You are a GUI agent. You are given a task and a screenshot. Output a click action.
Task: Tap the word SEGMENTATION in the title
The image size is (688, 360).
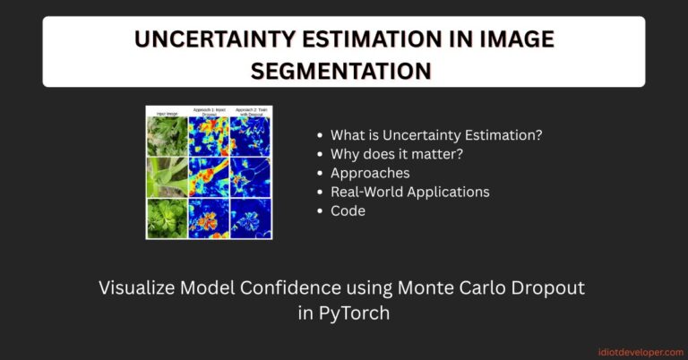[x=343, y=69]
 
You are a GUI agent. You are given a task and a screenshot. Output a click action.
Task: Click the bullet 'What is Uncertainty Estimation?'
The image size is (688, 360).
[x=436, y=135]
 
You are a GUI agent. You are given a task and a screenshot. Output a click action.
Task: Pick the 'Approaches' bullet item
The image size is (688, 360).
[x=370, y=173]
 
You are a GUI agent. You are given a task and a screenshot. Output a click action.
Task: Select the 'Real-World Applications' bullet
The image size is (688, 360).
[x=409, y=192]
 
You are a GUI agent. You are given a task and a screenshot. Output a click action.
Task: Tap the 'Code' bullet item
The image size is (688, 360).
[x=348, y=210]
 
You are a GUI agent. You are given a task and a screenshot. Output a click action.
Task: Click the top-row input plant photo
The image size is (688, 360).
[x=168, y=137]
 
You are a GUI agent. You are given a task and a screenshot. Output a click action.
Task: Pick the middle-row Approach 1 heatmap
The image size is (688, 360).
[x=209, y=177]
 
